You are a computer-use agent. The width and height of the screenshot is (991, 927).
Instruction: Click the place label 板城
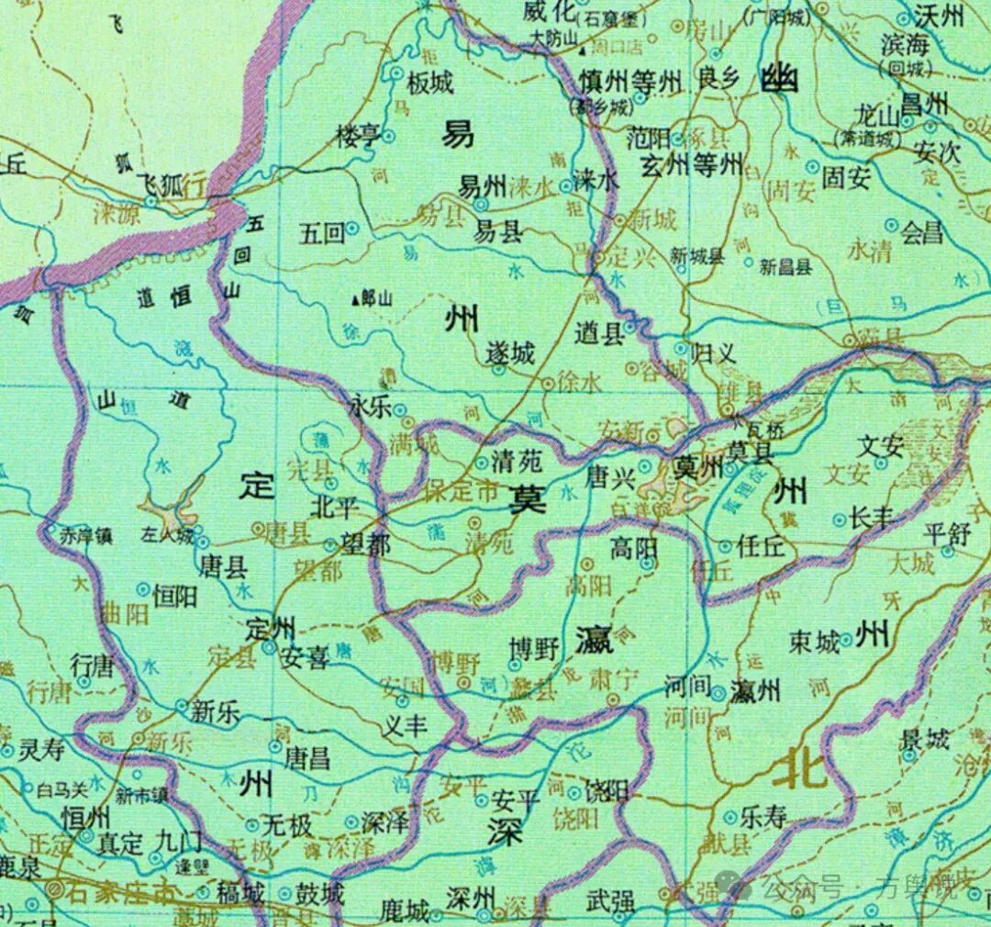[430, 84]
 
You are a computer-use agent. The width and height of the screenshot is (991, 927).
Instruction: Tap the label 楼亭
[357, 138]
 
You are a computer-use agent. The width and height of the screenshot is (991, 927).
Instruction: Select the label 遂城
[510, 352]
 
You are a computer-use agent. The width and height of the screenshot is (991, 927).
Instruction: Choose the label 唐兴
[609, 477]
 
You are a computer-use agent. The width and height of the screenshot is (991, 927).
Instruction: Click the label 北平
[332, 506]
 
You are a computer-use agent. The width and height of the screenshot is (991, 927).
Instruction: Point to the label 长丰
[872, 518]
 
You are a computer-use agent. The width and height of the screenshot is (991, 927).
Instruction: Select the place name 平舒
[947, 534]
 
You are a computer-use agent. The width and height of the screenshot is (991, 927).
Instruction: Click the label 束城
[814, 643]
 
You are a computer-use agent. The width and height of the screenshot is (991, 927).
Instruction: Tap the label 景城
[924, 739]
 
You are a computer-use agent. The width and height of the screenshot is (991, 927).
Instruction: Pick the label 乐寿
[762, 816]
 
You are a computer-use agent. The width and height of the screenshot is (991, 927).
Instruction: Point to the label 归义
[713, 350]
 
